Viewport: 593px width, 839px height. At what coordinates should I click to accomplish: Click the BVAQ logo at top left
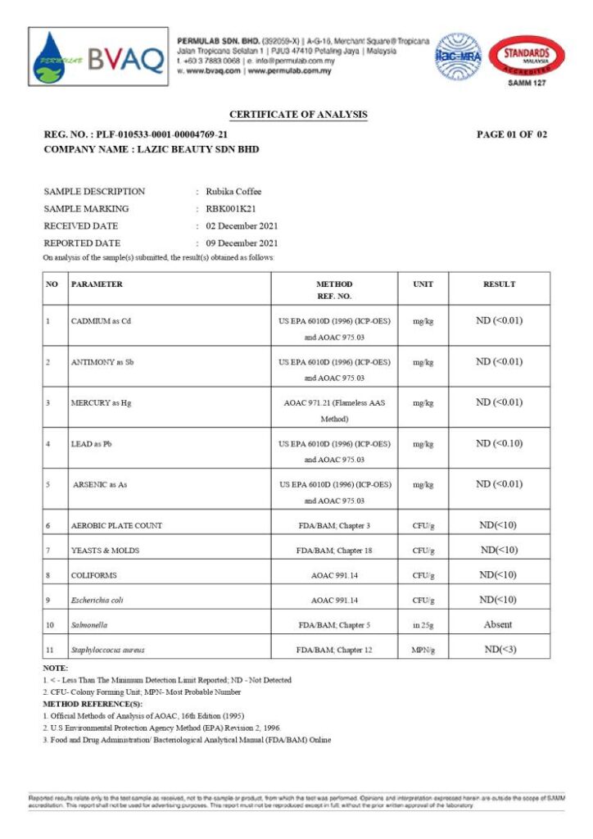(97, 57)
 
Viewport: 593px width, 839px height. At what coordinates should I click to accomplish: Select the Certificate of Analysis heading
(298, 115)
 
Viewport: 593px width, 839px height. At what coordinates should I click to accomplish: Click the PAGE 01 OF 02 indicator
(511, 134)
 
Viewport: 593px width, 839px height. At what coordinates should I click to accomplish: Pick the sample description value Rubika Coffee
(233, 192)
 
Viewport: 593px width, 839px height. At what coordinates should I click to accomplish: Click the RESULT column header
(499, 284)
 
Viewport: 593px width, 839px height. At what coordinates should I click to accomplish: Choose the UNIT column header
(423, 284)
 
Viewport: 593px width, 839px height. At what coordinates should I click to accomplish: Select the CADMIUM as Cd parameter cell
(101, 321)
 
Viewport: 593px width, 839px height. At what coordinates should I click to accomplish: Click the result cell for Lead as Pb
(499, 443)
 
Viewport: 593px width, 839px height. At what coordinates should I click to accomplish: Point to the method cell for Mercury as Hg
(334, 410)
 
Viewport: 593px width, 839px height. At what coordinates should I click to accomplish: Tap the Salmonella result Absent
(498, 624)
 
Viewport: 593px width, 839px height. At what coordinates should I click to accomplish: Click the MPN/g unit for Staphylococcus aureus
(423, 650)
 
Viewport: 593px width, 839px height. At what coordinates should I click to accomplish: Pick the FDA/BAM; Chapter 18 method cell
(334, 551)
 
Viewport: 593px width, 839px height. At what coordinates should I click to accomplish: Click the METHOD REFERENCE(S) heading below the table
(93, 704)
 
